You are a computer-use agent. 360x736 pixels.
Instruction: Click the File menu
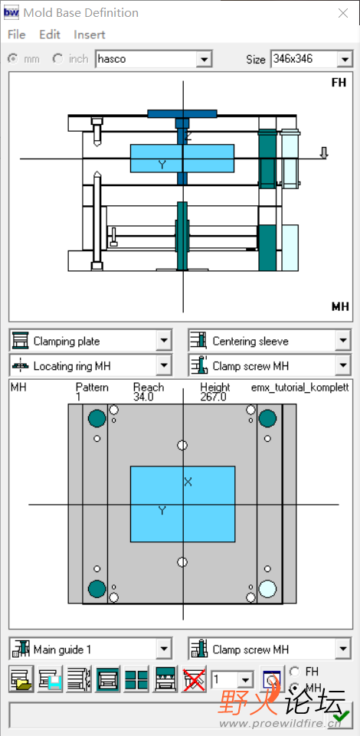coord(16,34)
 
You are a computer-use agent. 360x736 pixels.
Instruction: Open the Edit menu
coord(50,34)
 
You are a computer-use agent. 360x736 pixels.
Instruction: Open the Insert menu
coord(89,34)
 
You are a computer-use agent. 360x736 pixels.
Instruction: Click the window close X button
coord(343,13)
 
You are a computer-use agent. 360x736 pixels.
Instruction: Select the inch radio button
coord(58,59)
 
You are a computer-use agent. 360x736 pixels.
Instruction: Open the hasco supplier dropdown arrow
coord(204,60)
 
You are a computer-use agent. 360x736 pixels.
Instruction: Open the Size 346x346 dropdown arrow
coord(345,60)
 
